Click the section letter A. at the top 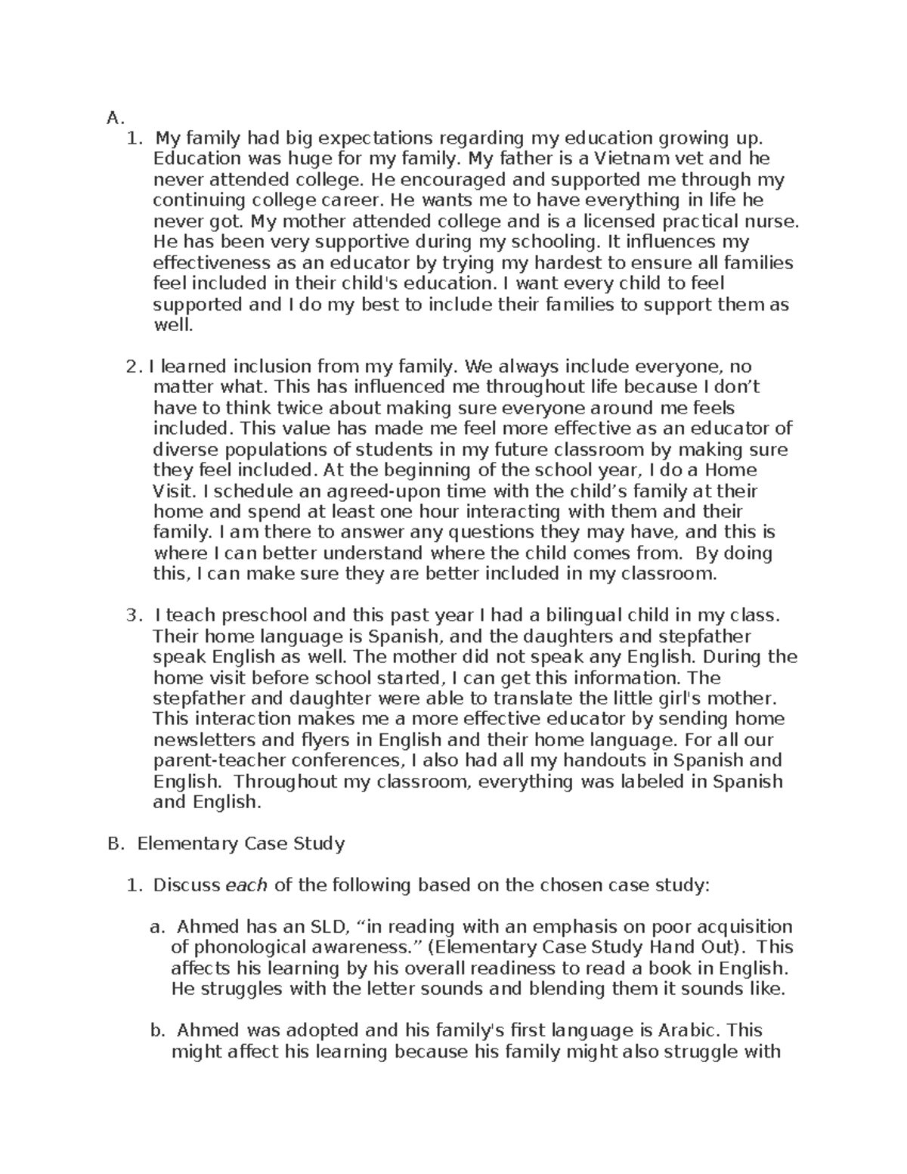(x=114, y=118)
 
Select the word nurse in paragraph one (x=774, y=221)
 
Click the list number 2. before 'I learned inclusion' (x=134, y=367)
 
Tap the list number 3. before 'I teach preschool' (x=134, y=615)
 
